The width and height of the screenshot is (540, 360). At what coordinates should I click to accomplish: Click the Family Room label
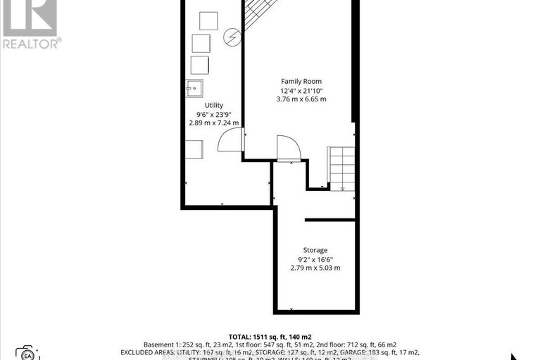(x=301, y=82)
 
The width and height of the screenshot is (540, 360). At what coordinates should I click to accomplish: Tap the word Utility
(x=213, y=105)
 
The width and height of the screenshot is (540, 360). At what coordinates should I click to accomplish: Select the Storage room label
(x=315, y=250)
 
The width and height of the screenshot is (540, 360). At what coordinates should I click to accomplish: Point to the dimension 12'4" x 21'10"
(x=301, y=91)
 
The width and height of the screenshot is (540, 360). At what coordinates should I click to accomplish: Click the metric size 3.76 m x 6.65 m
(x=301, y=99)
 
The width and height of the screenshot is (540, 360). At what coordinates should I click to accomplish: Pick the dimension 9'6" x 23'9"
(x=213, y=113)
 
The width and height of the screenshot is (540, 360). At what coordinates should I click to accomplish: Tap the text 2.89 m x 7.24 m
(x=213, y=123)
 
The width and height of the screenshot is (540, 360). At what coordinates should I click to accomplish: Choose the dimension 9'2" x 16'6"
(x=315, y=259)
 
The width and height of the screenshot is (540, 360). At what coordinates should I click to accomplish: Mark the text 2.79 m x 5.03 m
(x=315, y=268)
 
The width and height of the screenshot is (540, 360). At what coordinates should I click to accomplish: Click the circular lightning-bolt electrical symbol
(x=232, y=37)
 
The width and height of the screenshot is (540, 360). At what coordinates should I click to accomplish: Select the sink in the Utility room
(x=195, y=89)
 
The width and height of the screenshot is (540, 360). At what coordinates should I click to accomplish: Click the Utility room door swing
(x=230, y=141)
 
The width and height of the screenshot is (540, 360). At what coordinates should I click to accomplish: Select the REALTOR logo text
(x=31, y=43)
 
